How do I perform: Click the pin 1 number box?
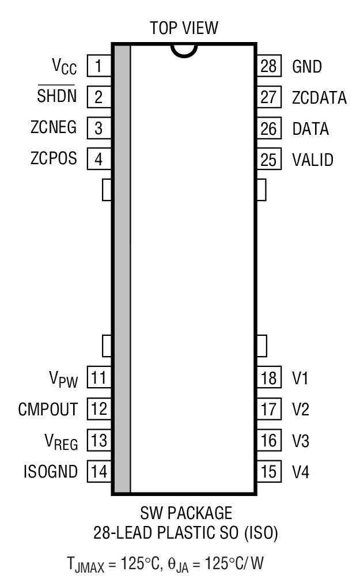(x=98, y=66)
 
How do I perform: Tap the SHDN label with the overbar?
(x=57, y=96)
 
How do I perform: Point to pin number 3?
(x=98, y=128)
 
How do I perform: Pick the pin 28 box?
(x=268, y=66)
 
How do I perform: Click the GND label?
(x=306, y=66)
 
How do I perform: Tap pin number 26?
(x=268, y=128)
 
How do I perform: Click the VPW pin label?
(x=65, y=379)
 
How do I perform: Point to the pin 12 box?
(x=98, y=410)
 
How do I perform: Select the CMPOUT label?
(x=48, y=410)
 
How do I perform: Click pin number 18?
(x=268, y=378)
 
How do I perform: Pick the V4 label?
(x=300, y=472)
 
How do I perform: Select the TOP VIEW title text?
(x=184, y=27)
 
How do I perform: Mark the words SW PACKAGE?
(x=185, y=513)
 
